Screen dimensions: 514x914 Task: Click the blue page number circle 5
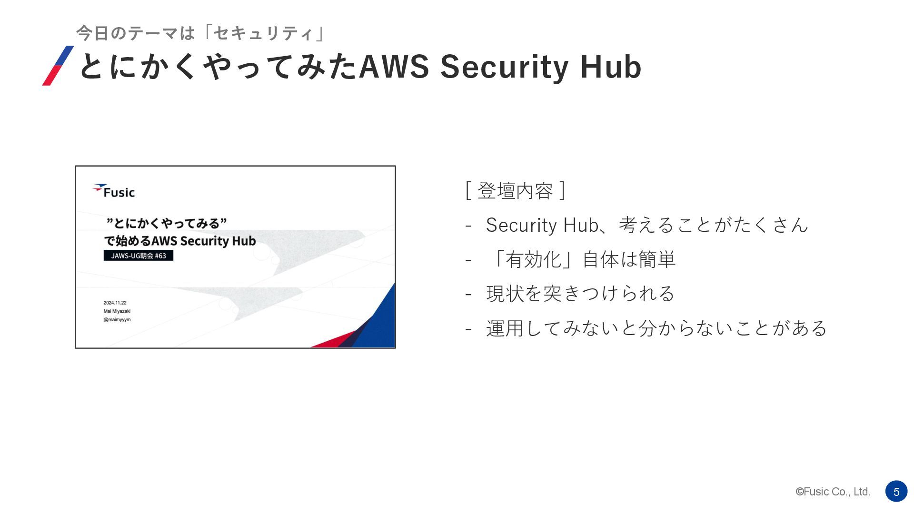click(x=896, y=491)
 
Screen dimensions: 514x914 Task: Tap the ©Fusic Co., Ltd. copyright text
click(x=833, y=492)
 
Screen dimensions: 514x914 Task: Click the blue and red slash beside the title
click(x=58, y=66)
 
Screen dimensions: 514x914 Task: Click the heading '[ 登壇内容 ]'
click(x=515, y=191)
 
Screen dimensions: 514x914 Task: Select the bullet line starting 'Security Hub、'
click(x=647, y=225)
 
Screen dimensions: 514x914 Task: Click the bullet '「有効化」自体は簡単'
click(x=581, y=260)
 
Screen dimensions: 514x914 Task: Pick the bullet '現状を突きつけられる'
click(x=580, y=294)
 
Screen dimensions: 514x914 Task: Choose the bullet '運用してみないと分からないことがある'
click(x=656, y=328)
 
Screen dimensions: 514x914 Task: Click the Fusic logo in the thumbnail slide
click(x=114, y=191)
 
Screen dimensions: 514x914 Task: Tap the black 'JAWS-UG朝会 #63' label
click(x=139, y=256)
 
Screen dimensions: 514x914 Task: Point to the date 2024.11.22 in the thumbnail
click(x=115, y=303)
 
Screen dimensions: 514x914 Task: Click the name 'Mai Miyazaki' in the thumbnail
click(x=117, y=311)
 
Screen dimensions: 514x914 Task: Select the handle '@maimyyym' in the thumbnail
click(x=117, y=319)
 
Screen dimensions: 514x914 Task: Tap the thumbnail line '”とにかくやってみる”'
click(x=166, y=223)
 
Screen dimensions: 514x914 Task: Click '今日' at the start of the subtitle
click(x=93, y=33)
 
